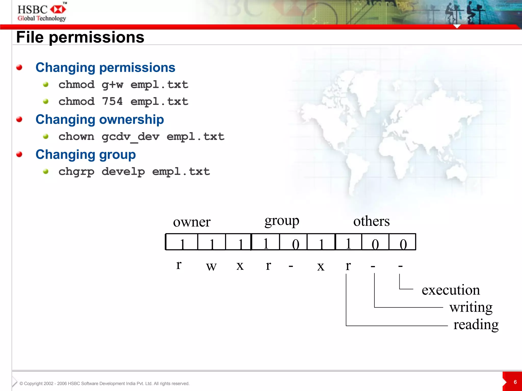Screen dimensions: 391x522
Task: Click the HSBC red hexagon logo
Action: tap(58, 10)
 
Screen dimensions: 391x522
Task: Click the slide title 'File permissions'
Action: tap(80, 37)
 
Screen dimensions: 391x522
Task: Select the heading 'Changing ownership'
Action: tap(100, 119)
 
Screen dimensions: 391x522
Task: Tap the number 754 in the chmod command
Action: tap(112, 101)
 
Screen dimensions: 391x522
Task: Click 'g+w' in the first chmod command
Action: tap(112, 85)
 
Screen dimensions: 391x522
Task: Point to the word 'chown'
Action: tap(76, 137)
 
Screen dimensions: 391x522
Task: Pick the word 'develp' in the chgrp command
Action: tap(123, 172)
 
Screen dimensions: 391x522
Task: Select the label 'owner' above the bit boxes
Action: tap(192, 222)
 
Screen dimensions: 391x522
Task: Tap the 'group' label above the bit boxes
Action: tap(282, 221)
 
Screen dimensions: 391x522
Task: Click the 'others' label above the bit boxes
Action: tap(371, 221)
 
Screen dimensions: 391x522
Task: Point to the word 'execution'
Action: tap(451, 290)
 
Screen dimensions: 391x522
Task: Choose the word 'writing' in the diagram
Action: tap(471, 307)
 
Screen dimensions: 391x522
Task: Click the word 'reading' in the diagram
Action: tap(476, 325)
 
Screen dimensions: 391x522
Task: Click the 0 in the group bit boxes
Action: tap(295, 244)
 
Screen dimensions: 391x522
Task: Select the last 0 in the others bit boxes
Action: tap(403, 244)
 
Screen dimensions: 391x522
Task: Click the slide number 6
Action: tap(515, 382)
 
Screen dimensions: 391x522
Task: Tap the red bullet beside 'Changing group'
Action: tap(19, 154)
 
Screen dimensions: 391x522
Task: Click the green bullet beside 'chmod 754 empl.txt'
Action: tap(46, 102)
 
